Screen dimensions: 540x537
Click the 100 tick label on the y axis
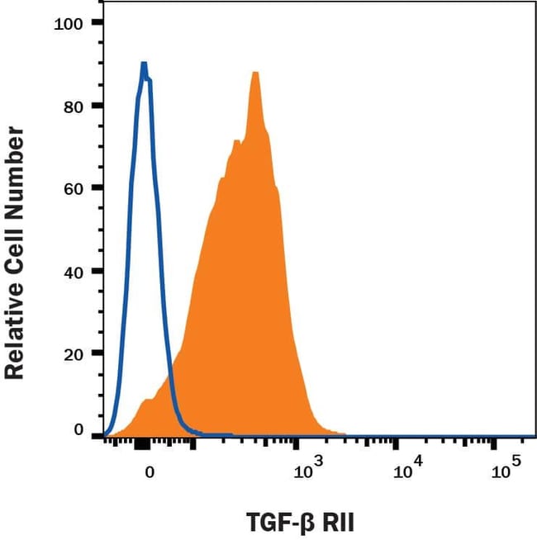pyautogui.click(x=69, y=23)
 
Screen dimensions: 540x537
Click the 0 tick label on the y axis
pyautogui.click(x=79, y=430)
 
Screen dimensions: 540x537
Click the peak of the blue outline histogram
pyautogui.click(x=144, y=63)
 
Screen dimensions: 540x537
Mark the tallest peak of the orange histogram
pyautogui.click(x=255, y=73)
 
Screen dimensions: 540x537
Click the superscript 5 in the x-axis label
pyautogui.click(x=518, y=463)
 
